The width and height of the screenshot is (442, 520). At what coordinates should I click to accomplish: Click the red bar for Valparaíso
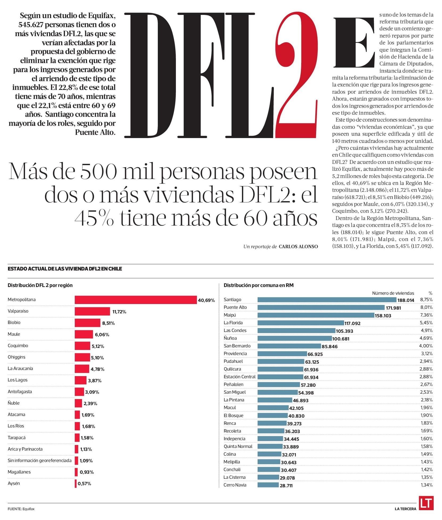(92, 311)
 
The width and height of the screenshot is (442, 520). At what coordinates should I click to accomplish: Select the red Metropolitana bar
(136, 300)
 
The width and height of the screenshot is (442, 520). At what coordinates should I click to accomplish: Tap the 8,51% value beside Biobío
(108, 323)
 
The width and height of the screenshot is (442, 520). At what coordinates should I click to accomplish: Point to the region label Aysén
(14, 483)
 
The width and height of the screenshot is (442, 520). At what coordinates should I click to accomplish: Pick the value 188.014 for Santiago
(406, 300)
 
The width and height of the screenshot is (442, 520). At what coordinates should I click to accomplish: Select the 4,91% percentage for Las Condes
(426, 330)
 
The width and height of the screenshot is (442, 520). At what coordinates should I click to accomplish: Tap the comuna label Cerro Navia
(235, 485)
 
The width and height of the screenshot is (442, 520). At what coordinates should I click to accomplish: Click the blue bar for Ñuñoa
(295, 338)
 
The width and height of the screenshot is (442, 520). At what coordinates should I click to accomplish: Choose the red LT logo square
(426, 503)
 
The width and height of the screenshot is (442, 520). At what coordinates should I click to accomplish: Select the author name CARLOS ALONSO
(298, 247)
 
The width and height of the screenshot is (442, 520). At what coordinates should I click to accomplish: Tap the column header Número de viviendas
(393, 293)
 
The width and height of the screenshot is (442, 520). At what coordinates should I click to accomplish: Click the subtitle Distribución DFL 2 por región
(40, 285)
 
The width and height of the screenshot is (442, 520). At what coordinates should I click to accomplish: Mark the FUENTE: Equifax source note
(21, 509)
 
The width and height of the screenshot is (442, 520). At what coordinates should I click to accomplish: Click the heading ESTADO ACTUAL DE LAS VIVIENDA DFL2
(65, 269)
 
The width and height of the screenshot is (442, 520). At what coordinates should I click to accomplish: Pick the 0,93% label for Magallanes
(86, 472)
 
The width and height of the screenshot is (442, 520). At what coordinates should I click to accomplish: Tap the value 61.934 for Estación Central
(311, 377)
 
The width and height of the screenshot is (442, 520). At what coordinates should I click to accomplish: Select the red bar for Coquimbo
(82, 346)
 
